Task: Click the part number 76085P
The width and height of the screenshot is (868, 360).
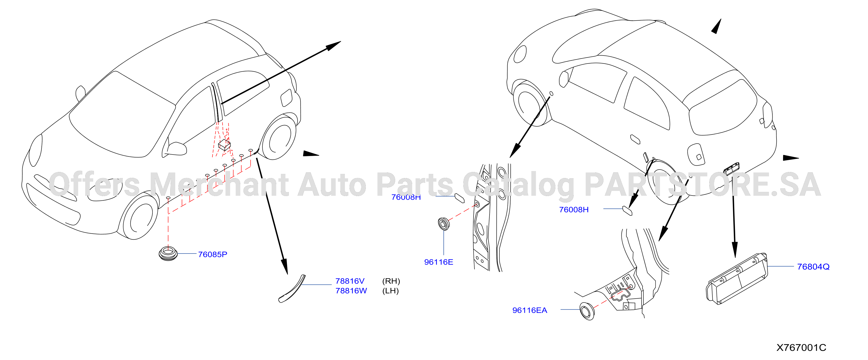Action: pyautogui.click(x=212, y=254)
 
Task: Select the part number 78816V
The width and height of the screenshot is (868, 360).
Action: pyautogui.click(x=350, y=281)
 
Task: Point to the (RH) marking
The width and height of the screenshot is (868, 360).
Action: pyautogui.click(x=391, y=281)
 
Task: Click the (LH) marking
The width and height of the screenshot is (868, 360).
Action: pyautogui.click(x=390, y=291)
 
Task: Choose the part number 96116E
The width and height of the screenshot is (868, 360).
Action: pyautogui.click(x=438, y=262)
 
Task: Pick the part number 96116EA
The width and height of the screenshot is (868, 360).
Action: pyautogui.click(x=529, y=310)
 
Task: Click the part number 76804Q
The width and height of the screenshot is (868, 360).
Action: pyautogui.click(x=813, y=267)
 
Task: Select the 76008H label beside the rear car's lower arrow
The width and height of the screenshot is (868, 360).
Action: pyautogui.click(x=574, y=209)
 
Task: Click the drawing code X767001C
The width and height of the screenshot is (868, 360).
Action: pyautogui.click(x=801, y=348)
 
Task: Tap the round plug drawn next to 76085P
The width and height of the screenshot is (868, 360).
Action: pyautogui.click(x=168, y=254)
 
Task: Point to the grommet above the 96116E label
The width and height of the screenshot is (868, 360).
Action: pyautogui.click(x=443, y=224)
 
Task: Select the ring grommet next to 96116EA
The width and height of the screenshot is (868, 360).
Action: pyautogui.click(x=587, y=311)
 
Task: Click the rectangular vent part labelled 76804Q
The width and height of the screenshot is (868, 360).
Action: pyautogui.click(x=737, y=279)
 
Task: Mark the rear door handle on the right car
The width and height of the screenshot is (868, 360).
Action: pyautogui.click(x=635, y=139)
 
